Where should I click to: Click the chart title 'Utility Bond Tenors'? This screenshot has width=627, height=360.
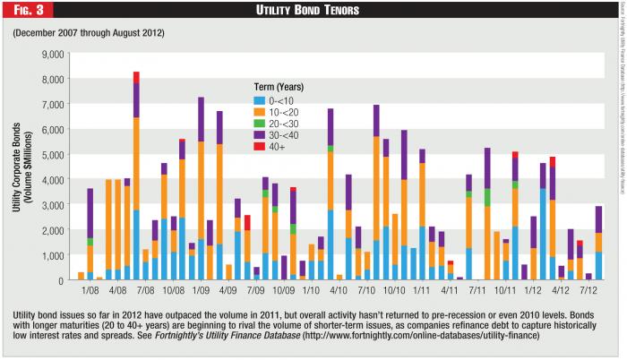click(x=313, y=11)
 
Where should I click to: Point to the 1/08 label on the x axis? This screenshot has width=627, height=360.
click(x=90, y=292)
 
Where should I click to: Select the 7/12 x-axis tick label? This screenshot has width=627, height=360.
click(x=589, y=292)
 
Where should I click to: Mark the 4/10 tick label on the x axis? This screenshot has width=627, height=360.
click(x=339, y=292)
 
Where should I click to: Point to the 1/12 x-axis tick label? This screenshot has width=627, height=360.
click(x=534, y=292)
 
